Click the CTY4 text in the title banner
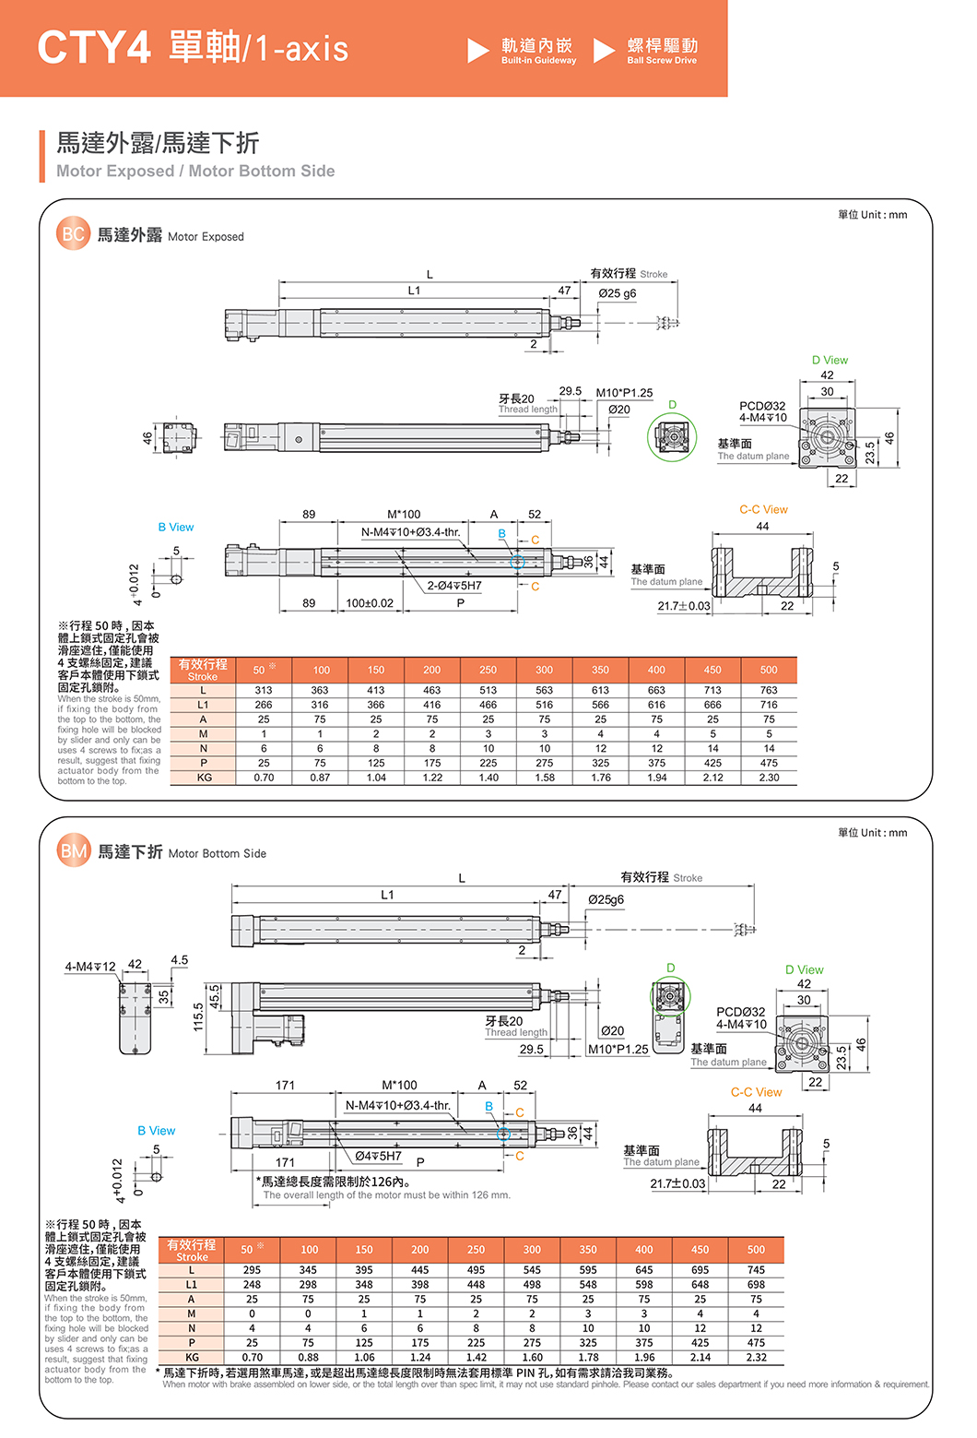tap(93, 47)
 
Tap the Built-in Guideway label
tap(538, 61)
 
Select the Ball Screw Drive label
tap(662, 61)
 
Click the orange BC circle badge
tap(73, 234)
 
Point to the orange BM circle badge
tap(74, 851)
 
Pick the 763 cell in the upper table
tap(769, 690)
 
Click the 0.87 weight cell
tap(320, 778)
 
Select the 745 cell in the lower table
tap(756, 1270)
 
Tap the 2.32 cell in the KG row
tap(756, 1358)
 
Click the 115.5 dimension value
tap(197, 1017)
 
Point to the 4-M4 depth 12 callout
tap(90, 967)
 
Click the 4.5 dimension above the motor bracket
tap(179, 960)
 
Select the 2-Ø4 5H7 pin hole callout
tap(453, 586)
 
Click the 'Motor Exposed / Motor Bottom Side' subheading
tap(195, 171)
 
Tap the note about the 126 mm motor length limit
tap(334, 1182)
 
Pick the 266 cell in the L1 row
tap(264, 705)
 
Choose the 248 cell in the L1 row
tap(252, 1285)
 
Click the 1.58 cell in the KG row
tap(545, 778)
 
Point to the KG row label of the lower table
tap(192, 1358)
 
